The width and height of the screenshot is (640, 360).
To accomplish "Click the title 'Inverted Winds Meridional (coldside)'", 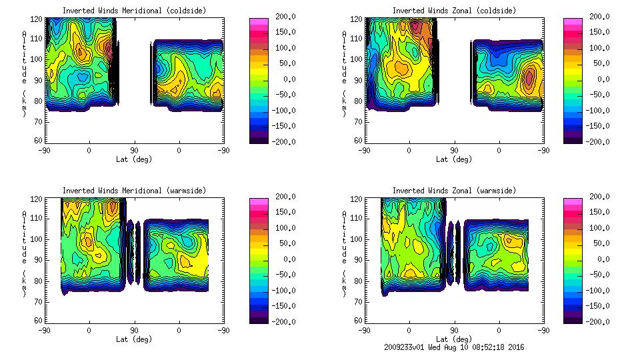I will pos(134,11).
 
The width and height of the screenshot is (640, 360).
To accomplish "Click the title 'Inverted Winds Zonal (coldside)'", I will pos(454,11).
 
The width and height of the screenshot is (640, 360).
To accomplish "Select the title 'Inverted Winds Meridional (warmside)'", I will pos(134,191).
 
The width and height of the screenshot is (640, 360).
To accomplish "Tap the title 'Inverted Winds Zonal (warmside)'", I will pos(454,191).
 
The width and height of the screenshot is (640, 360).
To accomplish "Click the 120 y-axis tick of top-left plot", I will pos(38,20).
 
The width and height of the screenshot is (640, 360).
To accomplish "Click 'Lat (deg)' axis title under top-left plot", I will pos(134,159).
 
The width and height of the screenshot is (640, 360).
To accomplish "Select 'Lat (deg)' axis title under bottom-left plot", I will pos(134,339).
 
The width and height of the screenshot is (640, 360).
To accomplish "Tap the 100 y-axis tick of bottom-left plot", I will pos(38,239).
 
